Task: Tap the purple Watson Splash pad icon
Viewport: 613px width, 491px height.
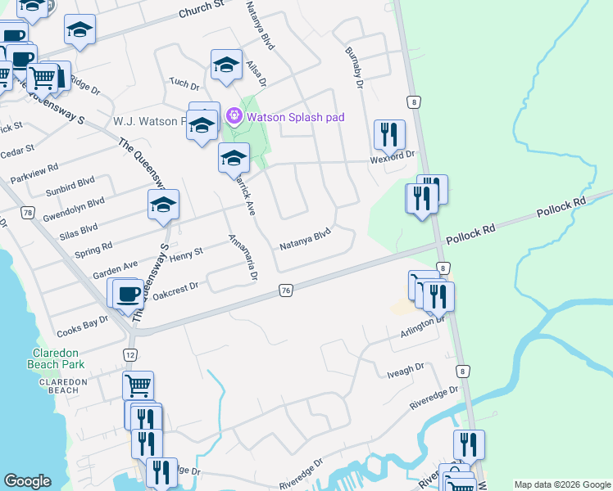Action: pos(234,117)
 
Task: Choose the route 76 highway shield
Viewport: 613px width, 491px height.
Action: pos(285,291)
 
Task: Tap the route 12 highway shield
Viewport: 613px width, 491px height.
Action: pos(130,354)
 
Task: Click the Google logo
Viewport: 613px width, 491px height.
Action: pos(27,481)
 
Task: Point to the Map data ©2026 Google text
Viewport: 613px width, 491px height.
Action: pos(561,484)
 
